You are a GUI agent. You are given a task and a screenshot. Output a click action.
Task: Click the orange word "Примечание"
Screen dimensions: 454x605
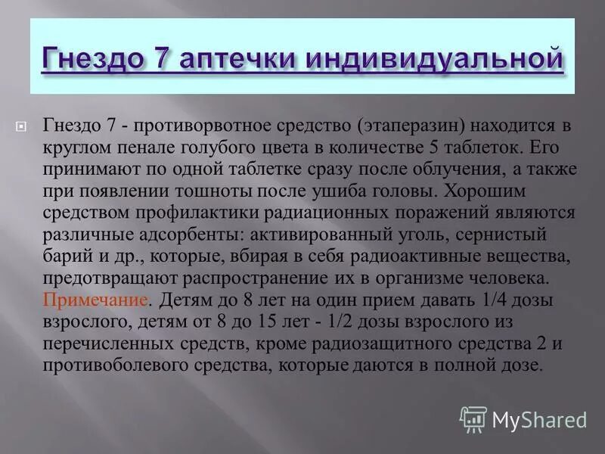coord(95,279)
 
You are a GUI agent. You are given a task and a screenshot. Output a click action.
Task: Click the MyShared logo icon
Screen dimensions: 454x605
coord(473,418)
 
